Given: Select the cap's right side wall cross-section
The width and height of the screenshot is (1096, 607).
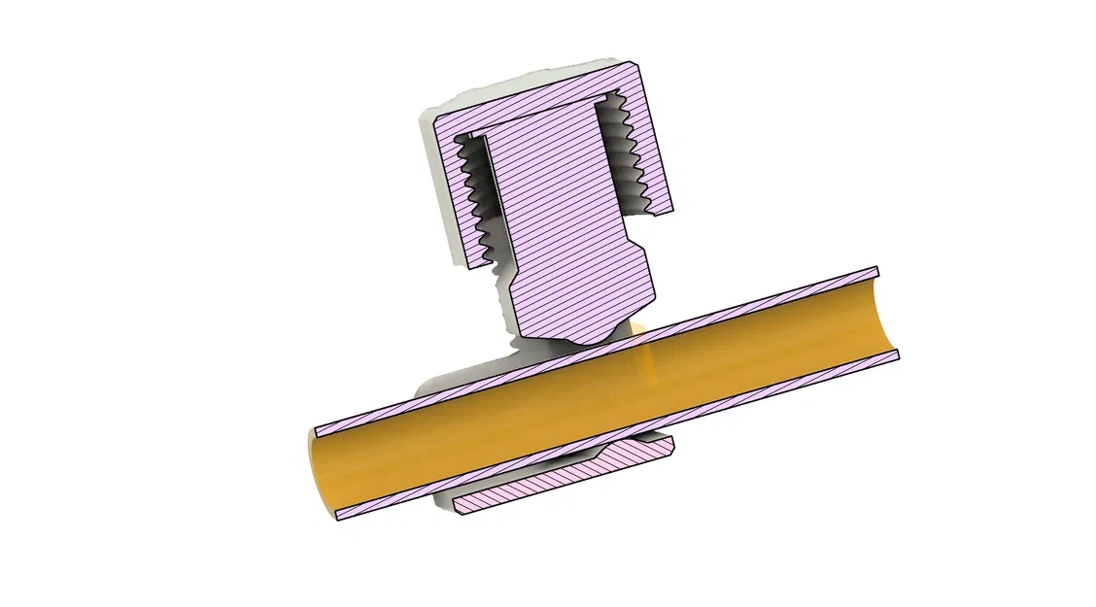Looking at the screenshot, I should point(652,146).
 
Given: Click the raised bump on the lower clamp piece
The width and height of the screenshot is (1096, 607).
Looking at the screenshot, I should point(632,448).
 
